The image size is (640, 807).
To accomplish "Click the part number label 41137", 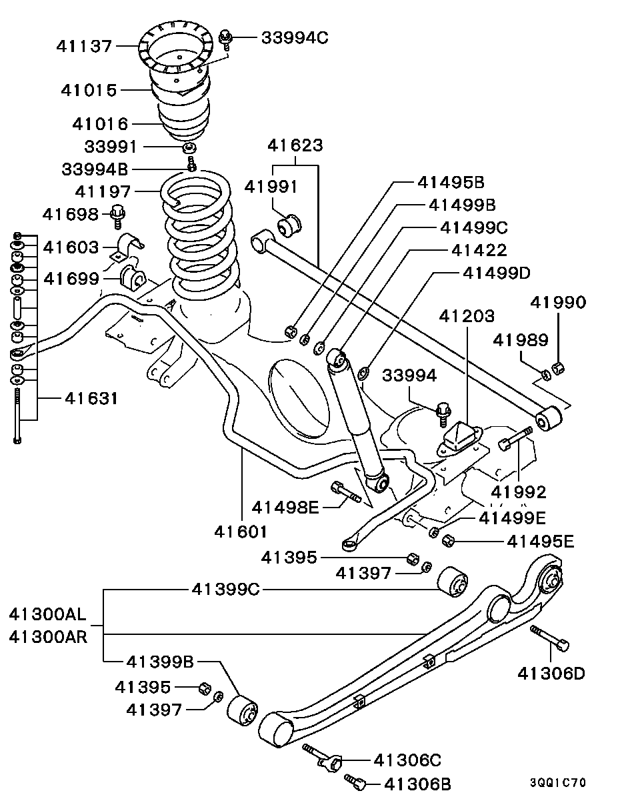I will [85, 46].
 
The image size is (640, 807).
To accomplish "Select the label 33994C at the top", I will [294, 37].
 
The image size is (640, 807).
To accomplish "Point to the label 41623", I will [295, 145].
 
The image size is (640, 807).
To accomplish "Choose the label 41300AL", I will [48, 614].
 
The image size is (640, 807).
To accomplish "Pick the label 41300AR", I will [48, 636].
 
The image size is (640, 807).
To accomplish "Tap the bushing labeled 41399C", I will [454, 582].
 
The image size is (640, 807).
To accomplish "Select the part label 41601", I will [241, 532].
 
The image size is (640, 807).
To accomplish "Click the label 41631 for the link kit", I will [91, 399].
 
